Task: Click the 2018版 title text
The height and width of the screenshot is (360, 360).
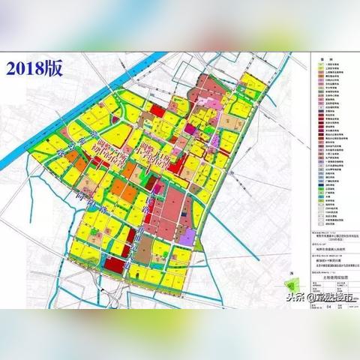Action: click(36, 67)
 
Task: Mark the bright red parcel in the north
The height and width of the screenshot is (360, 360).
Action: click(157, 110)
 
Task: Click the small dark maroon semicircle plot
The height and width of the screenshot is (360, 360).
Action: click(154, 182)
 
